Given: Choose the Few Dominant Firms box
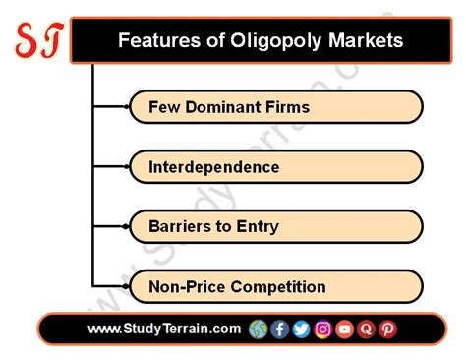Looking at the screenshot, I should [x=275, y=106].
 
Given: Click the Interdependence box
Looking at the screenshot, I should [x=275, y=166].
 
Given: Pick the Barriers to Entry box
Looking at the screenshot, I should [x=275, y=226].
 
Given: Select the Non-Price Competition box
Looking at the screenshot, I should [x=275, y=286].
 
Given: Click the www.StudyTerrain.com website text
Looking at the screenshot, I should [x=164, y=329].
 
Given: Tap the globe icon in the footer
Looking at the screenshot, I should [x=259, y=329].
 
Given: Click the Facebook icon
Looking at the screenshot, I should [x=280, y=329].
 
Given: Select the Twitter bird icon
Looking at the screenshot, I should [x=301, y=329].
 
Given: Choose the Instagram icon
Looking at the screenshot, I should [x=322, y=329].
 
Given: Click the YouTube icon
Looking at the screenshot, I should [x=344, y=329].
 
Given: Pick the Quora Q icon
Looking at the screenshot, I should [x=366, y=329].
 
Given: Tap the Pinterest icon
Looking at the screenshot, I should [x=387, y=329].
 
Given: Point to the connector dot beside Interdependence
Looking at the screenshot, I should [x=130, y=166].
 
